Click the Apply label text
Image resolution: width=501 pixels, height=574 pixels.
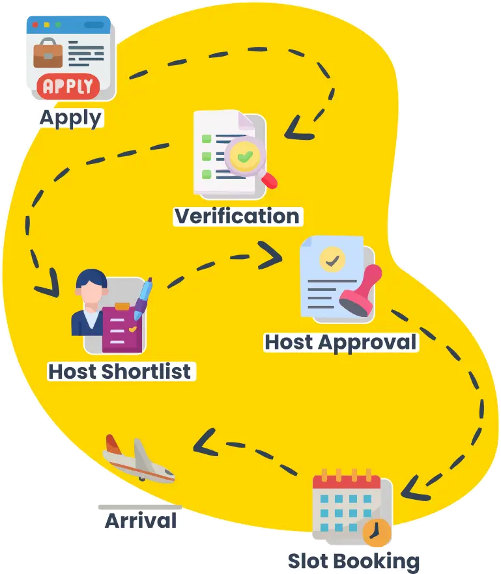(70, 118)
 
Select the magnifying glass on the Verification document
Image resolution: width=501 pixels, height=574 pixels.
(248, 159)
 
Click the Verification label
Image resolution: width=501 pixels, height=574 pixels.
(237, 216)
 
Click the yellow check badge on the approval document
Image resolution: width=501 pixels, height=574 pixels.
(333, 260)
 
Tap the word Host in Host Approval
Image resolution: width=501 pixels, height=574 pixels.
(289, 342)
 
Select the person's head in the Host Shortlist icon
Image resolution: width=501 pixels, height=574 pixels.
(91, 286)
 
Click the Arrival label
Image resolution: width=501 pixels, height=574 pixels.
(141, 521)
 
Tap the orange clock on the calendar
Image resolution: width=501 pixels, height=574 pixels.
(376, 533)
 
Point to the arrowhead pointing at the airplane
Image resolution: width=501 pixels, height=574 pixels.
(204, 442)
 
